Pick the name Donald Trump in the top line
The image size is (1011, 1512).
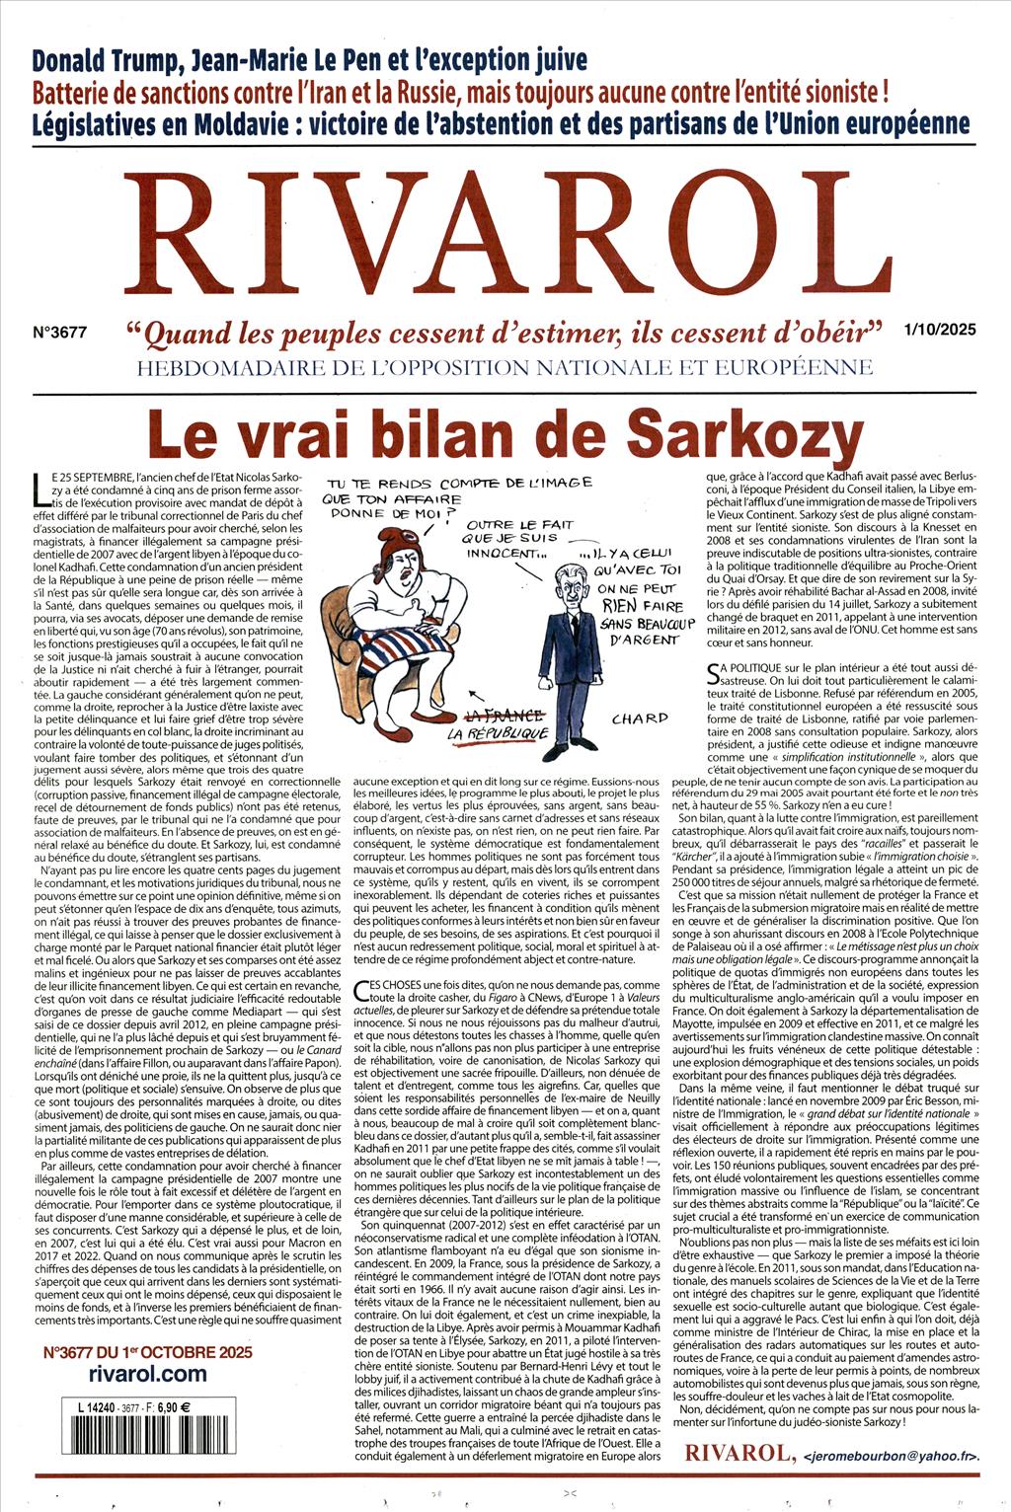click(x=106, y=60)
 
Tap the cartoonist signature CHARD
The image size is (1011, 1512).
click(x=639, y=718)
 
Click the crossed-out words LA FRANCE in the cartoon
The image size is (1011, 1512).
click(x=504, y=715)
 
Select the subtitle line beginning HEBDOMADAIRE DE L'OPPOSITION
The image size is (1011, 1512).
click(x=505, y=368)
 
